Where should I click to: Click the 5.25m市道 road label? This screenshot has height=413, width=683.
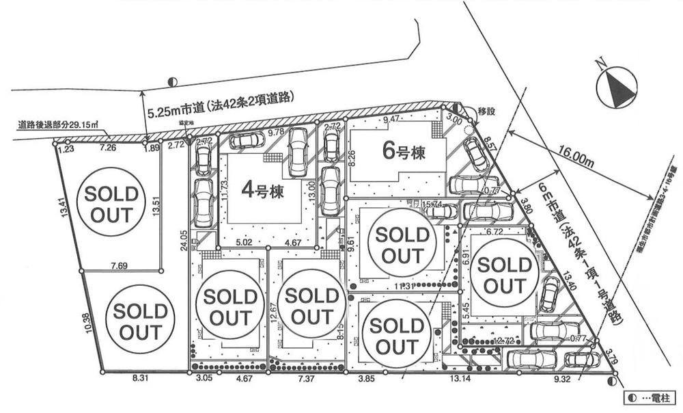click(220, 98)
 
